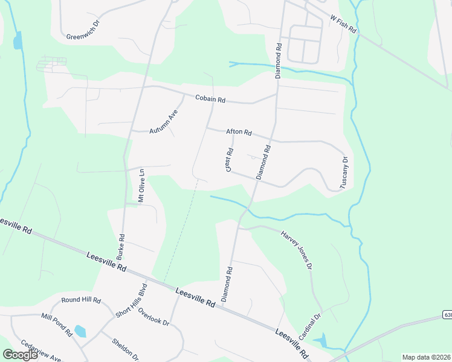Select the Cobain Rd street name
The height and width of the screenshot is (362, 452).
point(210,98)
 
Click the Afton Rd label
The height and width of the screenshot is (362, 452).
point(239,132)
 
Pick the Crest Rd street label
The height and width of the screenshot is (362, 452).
point(230,160)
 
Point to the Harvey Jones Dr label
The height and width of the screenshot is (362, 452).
point(297,249)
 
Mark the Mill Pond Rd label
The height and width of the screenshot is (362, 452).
point(57,324)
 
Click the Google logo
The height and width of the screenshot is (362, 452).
point(20,355)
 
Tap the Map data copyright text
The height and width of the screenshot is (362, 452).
point(427,357)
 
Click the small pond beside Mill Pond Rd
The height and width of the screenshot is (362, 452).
point(80,331)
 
